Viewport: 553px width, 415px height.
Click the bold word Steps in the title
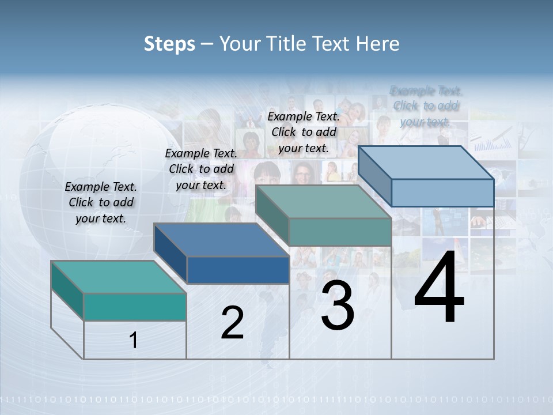pyautogui.click(x=169, y=44)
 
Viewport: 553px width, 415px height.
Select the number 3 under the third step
pyautogui.click(x=338, y=305)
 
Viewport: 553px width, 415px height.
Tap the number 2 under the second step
pyautogui.click(x=232, y=323)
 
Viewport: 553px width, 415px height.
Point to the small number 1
pyautogui.click(x=134, y=340)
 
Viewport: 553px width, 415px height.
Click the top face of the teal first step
pyautogui.click(x=118, y=277)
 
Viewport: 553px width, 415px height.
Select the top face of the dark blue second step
pyautogui.click(x=221, y=240)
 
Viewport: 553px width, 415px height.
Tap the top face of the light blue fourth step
pyautogui.click(x=426, y=163)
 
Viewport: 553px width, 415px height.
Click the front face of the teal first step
pyautogui.click(x=135, y=307)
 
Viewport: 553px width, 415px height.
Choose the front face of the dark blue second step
pyautogui.click(x=238, y=270)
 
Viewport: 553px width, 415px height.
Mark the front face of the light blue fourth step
pyautogui.click(x=442, y=193)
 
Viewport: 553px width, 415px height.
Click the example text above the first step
pyautogui.click(x=101, y=202)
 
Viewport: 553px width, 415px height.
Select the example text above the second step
pyautogui.click(x=201, y=169)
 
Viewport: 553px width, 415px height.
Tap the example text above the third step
pyautogui.click(x=304, y=132)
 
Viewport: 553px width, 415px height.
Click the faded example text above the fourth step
pyautogui.click(x=426, y=106)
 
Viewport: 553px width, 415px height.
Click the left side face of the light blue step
pyautogui.click(x=375, y=176)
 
